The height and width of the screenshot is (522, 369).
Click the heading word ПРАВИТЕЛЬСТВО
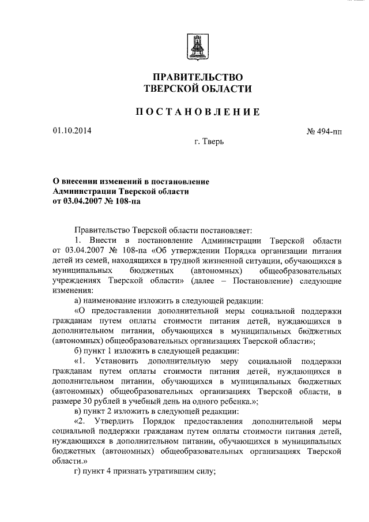197,77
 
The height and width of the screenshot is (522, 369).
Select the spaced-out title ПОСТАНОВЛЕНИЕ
197,112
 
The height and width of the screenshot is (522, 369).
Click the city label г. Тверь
209,141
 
